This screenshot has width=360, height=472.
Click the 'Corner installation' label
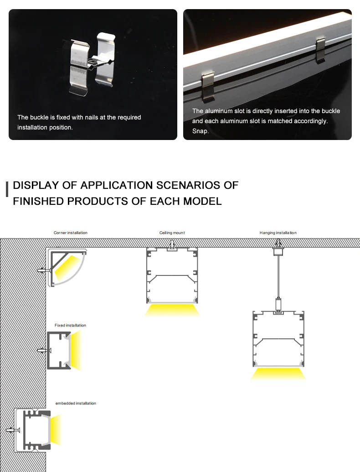pos(70,233)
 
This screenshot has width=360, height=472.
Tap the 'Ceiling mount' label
pos(172,233)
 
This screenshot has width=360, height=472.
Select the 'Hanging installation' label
pos(278,233)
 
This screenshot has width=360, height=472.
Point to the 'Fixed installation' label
pos(70,326)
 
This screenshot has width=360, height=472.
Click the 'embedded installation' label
pos(76,404)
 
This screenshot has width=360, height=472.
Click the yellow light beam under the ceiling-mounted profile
pos(172,310)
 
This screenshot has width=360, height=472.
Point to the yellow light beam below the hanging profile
pos(278,373)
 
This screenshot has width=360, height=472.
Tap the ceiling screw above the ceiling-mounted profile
pos(172,245)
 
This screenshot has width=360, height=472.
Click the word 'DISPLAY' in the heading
pos(36,185)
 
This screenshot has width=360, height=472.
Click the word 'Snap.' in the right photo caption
pos(201,131)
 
